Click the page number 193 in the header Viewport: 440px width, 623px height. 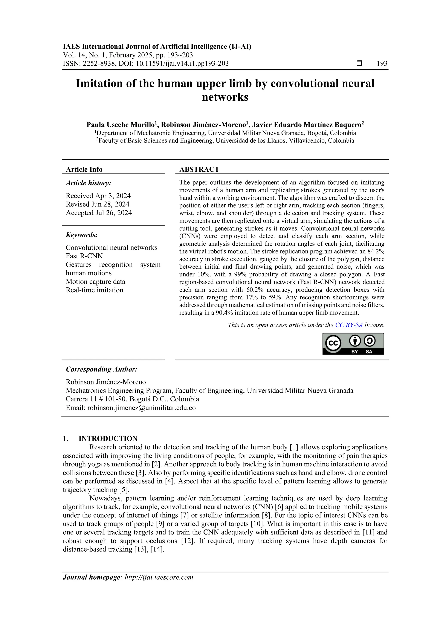[x=382, y=63]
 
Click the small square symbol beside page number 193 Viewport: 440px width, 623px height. [x=359, y=63]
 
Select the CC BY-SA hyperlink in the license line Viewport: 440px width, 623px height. [x=349, y=325]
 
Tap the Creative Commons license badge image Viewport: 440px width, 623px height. [x=353, y=344]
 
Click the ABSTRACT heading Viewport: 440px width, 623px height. [x=199, y=169]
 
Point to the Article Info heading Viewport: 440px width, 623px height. [x=84, y=169]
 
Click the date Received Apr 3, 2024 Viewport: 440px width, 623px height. [x=98, y=196]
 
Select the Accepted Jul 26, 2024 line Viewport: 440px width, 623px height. [x=99, y=213]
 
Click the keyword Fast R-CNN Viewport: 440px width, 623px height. [x=84, y=256]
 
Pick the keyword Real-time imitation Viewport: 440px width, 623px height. [x=94, y=290]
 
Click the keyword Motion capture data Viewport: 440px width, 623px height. [x=95, y=281]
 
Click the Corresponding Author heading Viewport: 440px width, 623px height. [x=101, y=369]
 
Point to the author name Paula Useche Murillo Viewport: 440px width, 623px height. [x=120, y=125]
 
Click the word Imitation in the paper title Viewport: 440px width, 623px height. [x=99, y=83]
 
